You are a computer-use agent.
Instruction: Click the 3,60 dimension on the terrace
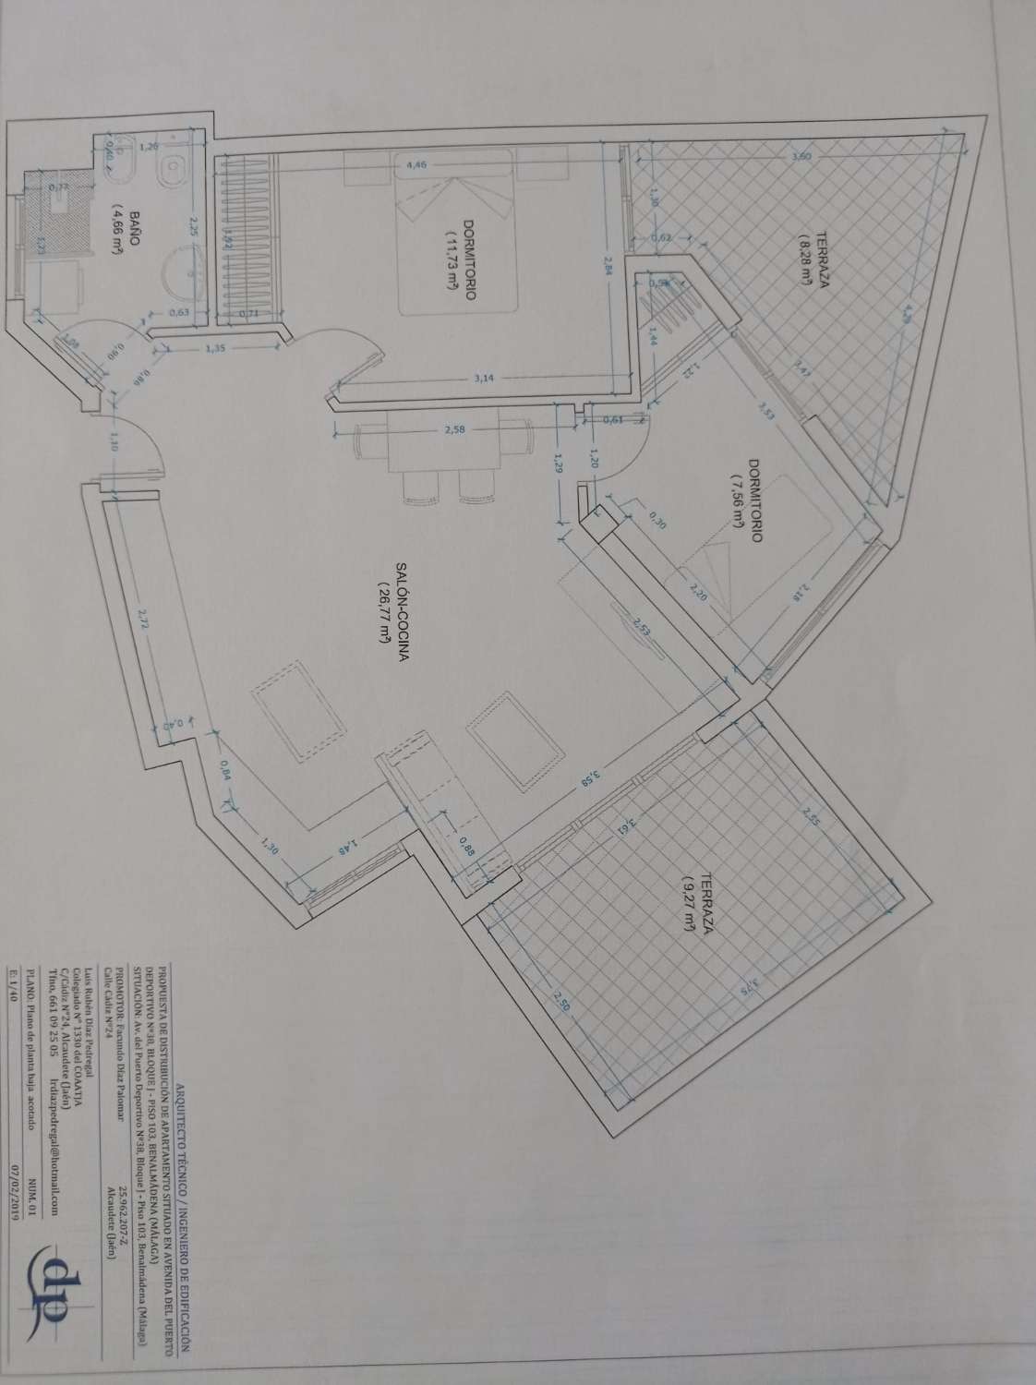click(x=802, y=157)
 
